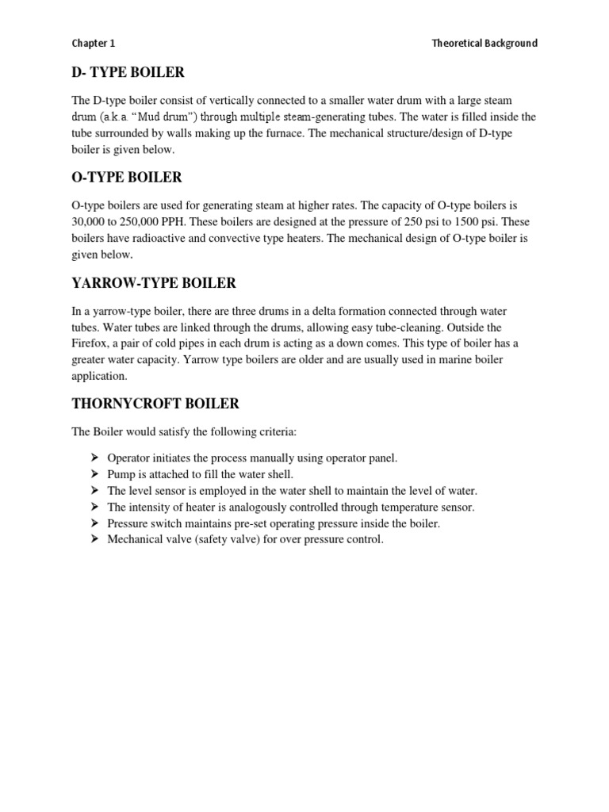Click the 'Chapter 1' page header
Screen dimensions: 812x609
[94, 44]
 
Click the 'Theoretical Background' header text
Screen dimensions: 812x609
[484, 44]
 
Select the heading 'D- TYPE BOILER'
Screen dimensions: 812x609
[128, 73]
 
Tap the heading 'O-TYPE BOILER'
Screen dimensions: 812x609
[127, 177]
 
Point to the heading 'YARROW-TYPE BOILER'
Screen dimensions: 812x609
[154, 283]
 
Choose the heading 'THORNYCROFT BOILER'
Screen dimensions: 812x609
[155, 404]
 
